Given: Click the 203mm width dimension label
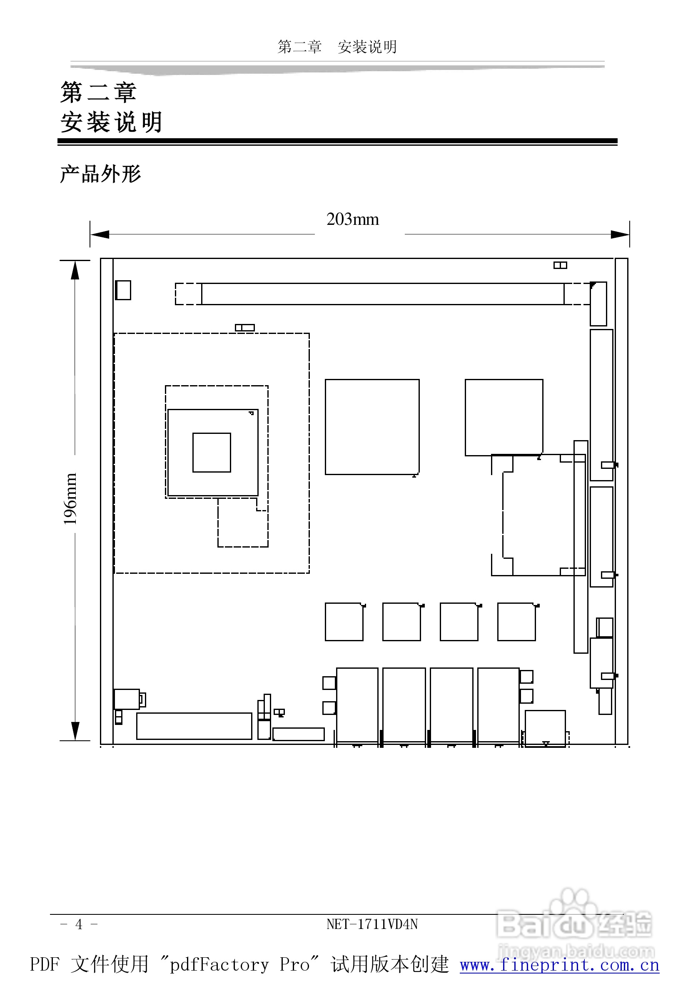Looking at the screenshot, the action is [x=352, y=219].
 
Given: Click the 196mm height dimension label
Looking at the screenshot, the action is [x=70, y=498].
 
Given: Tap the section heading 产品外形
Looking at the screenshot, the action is [x=101, y=174].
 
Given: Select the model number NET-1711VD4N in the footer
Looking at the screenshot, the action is [x=371, y=924].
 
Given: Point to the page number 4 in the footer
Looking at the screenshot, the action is [x=79, y=924].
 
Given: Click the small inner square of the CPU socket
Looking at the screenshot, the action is [x=212, y=452].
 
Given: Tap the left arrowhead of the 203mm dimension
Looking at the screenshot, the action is [x=100, y=234].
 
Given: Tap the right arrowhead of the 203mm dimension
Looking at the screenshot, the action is [x=620, y=234].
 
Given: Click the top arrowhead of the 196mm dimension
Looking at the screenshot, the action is [x=75, y=270].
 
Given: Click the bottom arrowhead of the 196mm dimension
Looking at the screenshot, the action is [x=75, y=731].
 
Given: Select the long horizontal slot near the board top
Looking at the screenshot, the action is [x=382, y=294].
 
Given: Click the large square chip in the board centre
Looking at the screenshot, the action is [x=372, y=427].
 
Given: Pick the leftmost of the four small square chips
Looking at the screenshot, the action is [x=344, y=622].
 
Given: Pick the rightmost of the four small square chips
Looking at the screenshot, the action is [x=516, y=622].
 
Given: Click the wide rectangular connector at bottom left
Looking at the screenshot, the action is [x=194, y=726].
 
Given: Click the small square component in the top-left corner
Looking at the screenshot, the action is [x=123, y=290].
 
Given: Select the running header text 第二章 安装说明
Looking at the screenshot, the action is [x=337, y=47].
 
